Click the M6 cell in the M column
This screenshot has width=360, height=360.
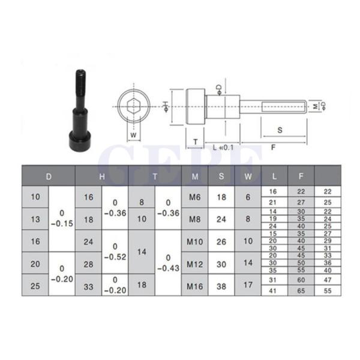click(194, 197)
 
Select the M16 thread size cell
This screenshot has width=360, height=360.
click(194, 286)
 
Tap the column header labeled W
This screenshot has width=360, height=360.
click(248, 176)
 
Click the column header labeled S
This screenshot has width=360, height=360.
click(221, 176)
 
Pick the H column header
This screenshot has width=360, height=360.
click(102, 176)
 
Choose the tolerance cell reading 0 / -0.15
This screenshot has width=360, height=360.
click(62, 218)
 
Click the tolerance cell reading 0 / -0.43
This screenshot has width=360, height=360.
click(168, 263)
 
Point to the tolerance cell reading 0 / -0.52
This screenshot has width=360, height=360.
click(115, 252)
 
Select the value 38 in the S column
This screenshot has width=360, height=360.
click(221, 286)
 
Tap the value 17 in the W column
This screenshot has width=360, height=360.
click(248, 285)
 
